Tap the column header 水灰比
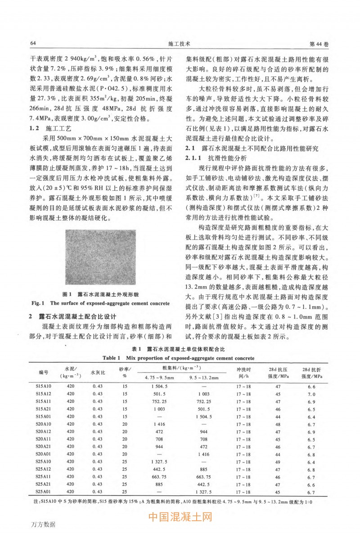[98, 373]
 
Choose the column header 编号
[43, 373]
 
